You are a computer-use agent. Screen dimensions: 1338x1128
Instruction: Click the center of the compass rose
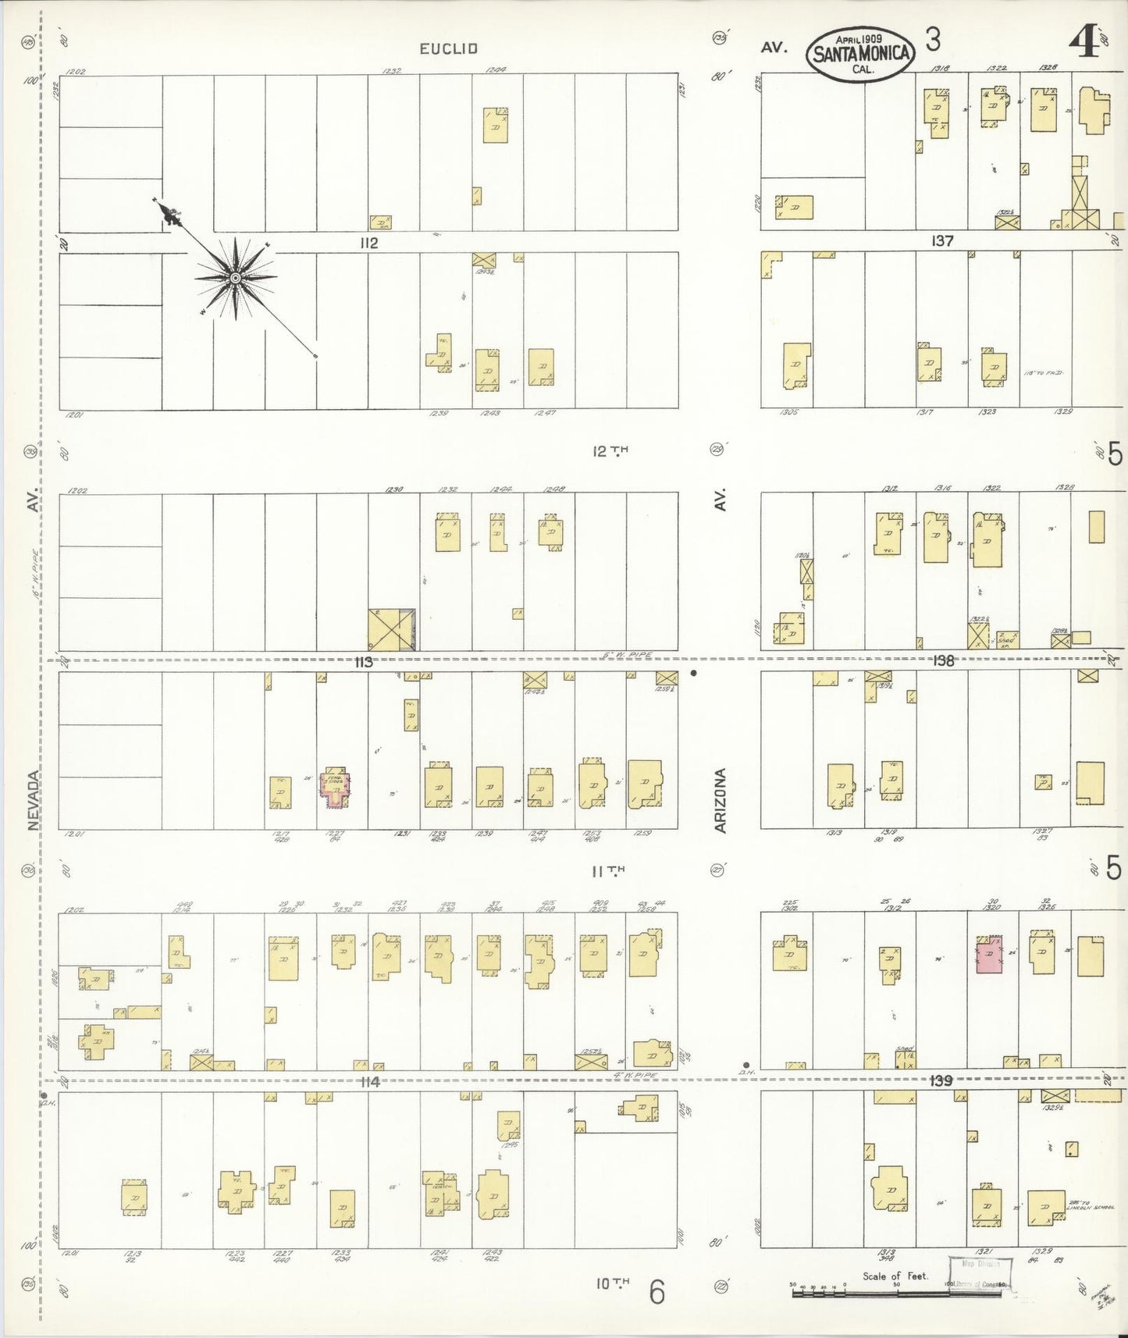point(235,278)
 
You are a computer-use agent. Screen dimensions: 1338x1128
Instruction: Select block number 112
point(368,243)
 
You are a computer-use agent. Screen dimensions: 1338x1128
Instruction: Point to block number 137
point(942,241)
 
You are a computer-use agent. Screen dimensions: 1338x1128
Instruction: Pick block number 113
point(363,662)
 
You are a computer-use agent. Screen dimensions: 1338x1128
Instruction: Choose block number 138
point(943,660)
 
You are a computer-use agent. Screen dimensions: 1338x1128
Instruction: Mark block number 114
point(369,1081)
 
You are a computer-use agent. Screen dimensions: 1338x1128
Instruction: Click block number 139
point(941,1080)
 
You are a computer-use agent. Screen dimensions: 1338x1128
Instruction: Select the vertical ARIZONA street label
point(721,800)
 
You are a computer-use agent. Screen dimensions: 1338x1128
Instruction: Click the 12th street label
point(609,450)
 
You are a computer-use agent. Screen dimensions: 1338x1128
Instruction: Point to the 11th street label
point(609,870)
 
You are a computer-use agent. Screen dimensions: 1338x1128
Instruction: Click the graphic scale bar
point(898,1293)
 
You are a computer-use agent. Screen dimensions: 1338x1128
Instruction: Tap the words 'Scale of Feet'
point(895,1276)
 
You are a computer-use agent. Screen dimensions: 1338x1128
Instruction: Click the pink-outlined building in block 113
point(336,788)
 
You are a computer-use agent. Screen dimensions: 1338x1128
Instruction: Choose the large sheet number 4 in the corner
point(1087,43)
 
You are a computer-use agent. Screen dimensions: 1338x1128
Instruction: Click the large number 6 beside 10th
point(657,1292)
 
